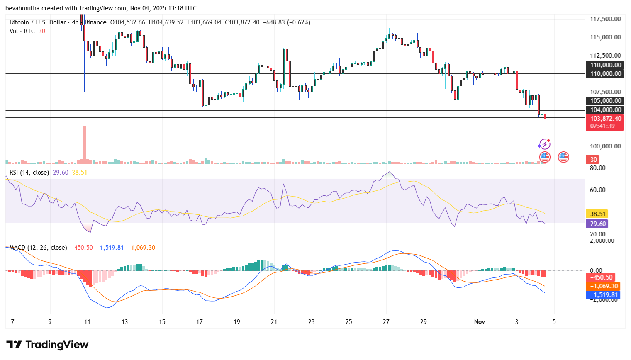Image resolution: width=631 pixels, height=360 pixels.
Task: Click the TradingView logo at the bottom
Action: (47, 345)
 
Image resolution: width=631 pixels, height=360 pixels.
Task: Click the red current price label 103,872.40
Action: (604, 119)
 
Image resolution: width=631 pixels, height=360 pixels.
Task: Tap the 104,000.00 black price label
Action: (604, 110)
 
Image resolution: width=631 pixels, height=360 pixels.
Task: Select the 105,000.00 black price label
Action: (604, 101)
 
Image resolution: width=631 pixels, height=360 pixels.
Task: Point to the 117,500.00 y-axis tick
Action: (605, 19)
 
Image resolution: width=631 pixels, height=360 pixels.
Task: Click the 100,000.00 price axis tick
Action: (605, 146)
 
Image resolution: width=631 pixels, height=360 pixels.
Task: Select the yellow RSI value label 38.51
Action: (598, 214)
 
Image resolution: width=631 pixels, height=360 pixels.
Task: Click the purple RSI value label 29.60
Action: (598, 224)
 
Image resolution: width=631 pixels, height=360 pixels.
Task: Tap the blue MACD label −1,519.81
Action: (604, 295)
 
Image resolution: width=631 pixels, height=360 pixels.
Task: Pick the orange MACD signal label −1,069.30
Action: (604, 286)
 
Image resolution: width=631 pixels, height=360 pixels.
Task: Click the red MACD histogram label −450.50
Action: (601, 277)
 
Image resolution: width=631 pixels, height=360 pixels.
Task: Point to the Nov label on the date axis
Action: (479, 322)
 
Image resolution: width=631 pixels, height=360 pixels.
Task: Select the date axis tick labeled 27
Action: (386, 322)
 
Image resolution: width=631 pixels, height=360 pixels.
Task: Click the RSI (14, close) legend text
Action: (29, 173)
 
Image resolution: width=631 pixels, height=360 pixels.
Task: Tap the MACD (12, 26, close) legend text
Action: (38, 248)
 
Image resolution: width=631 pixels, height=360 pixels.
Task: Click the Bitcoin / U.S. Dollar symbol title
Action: (38, 22)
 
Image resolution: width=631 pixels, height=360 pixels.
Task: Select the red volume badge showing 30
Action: (594, 160)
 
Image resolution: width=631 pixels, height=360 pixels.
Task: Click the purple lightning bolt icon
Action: (544, 144)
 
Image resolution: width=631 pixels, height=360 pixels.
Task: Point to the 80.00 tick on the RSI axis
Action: (598, 168)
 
